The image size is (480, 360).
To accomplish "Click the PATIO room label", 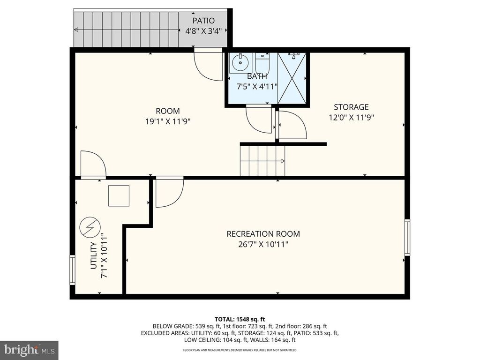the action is point(203,21).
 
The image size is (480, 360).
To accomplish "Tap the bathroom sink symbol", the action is point(240,63).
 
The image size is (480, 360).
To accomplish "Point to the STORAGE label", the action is point(351,107).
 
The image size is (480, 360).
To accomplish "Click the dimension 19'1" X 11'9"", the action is point(168,121).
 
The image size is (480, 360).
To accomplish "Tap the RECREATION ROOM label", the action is point(263,234).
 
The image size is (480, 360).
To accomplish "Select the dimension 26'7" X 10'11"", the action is point(263,245).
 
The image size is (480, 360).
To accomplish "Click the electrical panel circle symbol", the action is point(90,227).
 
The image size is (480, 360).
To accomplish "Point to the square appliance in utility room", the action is point(119,196).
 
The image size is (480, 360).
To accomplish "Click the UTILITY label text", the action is point(94,256).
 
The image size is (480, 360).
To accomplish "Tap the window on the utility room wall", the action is point(72,270).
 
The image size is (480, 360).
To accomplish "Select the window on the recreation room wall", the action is point(407,237).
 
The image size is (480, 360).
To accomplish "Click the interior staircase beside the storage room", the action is point(262,161).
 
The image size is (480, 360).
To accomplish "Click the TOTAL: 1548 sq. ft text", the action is point(240,320).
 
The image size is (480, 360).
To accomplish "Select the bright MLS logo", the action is point(29,349).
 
